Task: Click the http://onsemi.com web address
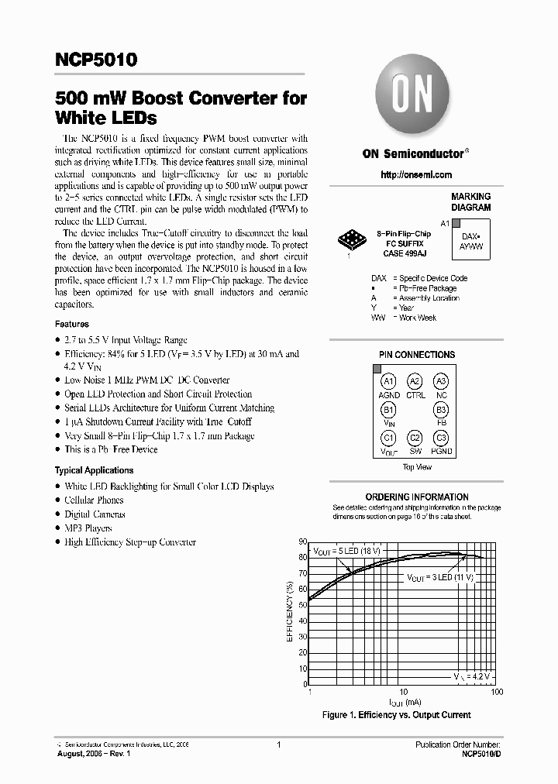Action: [416, 175]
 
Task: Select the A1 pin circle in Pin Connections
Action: [388, 381]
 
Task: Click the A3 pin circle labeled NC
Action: [441, 381]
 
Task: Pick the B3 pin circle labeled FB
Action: [441, 409]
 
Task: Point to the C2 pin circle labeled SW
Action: [415, 438]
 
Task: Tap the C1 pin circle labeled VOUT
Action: [388, 438]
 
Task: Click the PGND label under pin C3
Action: [442, 452]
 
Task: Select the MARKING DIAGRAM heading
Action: [470, 202]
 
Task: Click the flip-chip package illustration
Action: [352, 240]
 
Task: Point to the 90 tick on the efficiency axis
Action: [302, 542]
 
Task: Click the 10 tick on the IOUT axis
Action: [403, 691]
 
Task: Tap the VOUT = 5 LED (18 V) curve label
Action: [346, 551]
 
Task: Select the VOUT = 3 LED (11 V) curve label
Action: [439, 578]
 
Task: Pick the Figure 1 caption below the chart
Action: [396, 715]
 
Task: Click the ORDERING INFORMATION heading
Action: [416, 497]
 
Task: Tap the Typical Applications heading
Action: [94, 470]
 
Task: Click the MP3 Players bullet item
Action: [88, 528]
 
